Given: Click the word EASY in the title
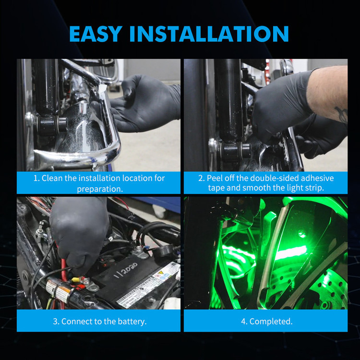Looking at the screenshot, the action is pos(96,34).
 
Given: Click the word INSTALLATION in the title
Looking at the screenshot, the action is pos(209,34).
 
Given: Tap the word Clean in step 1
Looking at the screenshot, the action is pos(52,178).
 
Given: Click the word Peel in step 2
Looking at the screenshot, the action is pos(215,178).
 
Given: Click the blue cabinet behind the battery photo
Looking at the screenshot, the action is pos(158,204).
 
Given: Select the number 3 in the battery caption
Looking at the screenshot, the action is pos(55,322).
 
